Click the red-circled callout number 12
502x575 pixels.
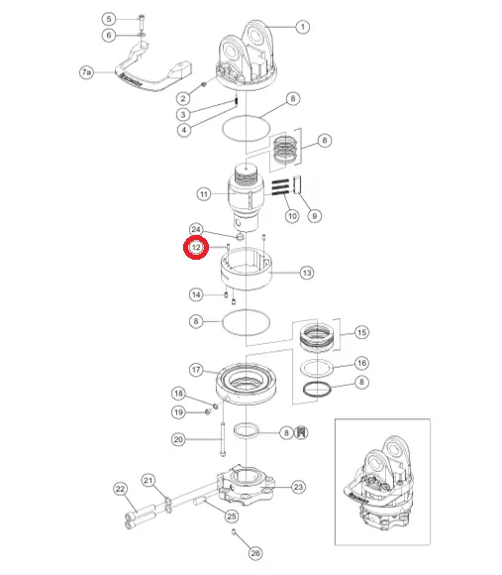pos(196,248)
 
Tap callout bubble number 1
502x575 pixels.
pos(302,27)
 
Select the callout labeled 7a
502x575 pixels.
pos(86,72)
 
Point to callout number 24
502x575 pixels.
pos(196,230)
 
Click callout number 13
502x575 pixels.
pos(307,273)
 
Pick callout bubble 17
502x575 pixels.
pos(196,369)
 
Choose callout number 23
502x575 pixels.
pos(298,487)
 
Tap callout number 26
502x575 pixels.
pos(255,553)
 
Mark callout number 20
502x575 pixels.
pos(178,439)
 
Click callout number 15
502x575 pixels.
pos(361,332)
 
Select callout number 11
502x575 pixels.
pos(204,194)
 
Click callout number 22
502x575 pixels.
pos(121,489)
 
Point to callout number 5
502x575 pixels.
pos(109,19)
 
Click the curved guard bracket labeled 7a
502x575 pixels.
pos(153,67)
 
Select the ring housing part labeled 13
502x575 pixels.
pos(247,270)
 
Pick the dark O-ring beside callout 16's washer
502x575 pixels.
pos(317,389)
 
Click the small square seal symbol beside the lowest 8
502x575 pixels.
pos(301,432)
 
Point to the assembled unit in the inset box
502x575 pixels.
pos(379,484)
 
